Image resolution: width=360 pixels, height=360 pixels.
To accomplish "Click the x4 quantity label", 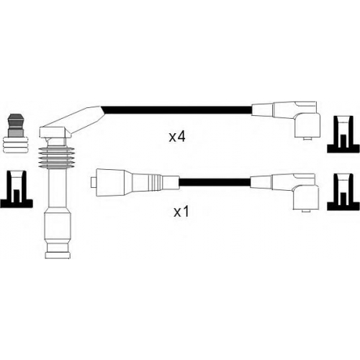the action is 177,137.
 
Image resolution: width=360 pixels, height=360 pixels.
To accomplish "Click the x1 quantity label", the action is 181,212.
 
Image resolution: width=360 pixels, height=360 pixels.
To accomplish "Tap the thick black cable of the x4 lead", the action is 177,110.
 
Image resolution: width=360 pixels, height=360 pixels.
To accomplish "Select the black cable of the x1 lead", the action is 215,182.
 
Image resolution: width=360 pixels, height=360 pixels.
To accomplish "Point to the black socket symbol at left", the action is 17,189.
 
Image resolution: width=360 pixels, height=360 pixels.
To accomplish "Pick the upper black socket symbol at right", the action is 343,135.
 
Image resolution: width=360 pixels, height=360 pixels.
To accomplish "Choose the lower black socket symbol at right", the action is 343,192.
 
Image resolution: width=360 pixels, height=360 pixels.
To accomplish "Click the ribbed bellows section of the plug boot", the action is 56,157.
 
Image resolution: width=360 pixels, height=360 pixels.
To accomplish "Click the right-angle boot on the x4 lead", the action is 307,120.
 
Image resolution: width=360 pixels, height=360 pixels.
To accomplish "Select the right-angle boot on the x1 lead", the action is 306,192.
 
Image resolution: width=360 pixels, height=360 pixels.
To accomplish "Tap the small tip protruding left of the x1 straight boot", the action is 93,183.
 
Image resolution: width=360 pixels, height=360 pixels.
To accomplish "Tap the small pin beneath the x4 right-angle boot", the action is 307,138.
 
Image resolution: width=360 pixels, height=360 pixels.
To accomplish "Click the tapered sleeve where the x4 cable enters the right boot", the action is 263,109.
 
